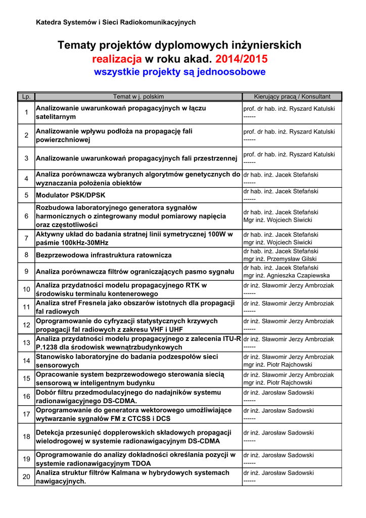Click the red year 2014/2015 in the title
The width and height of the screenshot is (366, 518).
click(242, 59)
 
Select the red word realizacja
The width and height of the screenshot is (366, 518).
click(117, 59)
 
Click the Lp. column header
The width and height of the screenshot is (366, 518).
click(26, 97)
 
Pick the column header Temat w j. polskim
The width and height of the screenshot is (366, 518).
click(138, 97)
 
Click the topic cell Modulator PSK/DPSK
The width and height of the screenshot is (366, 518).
click(71, 195)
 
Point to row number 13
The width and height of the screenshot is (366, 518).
click(26, 343)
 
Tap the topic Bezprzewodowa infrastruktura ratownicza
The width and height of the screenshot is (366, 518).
click(104, 255)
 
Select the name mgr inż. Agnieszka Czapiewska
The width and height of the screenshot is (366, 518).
click(286, 276)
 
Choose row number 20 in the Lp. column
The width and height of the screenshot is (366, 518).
click(26, 477)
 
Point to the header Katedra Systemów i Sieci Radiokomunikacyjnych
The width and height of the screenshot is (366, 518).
click(116, 22)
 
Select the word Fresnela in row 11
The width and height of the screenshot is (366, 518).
click(91, 303)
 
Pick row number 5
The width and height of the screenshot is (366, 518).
click(26, 195)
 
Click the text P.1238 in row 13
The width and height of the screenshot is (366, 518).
click(48, 348)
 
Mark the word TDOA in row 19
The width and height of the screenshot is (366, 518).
click(141, 463)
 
